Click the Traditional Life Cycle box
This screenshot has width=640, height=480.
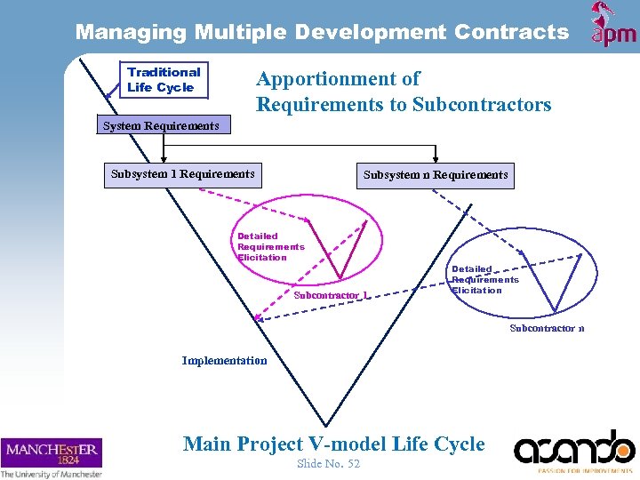click(164, 80)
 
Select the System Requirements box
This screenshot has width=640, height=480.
click(161, 126)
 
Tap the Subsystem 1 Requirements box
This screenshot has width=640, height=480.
click(182, 174)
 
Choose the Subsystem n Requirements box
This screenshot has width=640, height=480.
click(436, 175)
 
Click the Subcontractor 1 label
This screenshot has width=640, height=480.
click(331, 295)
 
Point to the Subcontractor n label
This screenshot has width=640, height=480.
click(547, 329)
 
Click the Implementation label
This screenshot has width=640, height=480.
click(224, 361)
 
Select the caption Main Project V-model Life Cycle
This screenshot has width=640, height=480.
click(333, 444)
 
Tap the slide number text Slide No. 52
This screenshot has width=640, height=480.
click(328, 464)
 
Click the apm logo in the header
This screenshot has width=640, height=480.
click(613, 25)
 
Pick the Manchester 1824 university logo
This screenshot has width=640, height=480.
click(52, 457)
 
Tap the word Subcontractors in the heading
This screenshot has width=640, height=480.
click(482, 105)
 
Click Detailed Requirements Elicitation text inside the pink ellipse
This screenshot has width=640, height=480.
click(270, 247)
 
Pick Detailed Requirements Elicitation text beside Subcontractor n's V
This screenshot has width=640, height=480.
click(484, 279)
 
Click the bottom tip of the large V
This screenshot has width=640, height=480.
click(317, 426)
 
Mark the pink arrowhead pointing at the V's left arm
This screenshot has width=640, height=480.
click(258, 317)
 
